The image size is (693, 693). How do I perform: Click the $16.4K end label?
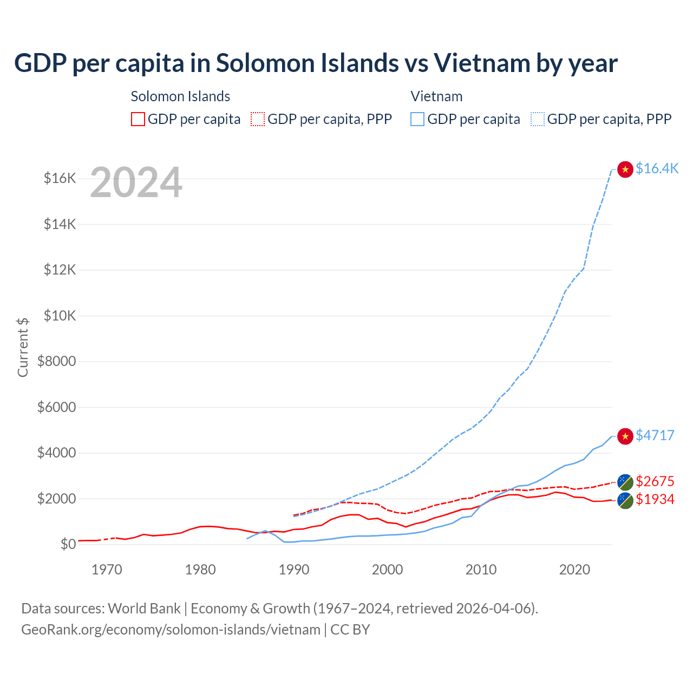[657, 168]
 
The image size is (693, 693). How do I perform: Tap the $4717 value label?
[655, 435]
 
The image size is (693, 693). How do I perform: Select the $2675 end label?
[655, 481]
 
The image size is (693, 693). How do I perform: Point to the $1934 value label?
[655, 499]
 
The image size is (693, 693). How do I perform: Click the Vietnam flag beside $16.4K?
[625, 169]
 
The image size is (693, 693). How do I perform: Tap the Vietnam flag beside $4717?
[625, 436]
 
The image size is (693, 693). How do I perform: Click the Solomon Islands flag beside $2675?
[625, 482]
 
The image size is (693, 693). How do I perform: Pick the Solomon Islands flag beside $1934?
[625, 500]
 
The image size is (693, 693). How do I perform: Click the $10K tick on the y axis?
[60, 316]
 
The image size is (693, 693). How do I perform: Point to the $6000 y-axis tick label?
[56, 407]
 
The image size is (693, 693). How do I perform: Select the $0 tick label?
[68, 544]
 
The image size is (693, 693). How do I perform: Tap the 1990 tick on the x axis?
[294, 570]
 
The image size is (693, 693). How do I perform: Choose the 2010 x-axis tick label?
[481, 570]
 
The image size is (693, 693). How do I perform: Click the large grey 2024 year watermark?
[136, 182]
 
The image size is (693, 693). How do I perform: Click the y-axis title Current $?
[23, 347]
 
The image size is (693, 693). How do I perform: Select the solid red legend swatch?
[138, 119]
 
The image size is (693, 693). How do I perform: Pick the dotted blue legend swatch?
[538, 119]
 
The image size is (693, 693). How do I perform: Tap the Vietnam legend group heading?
[436, 96]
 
